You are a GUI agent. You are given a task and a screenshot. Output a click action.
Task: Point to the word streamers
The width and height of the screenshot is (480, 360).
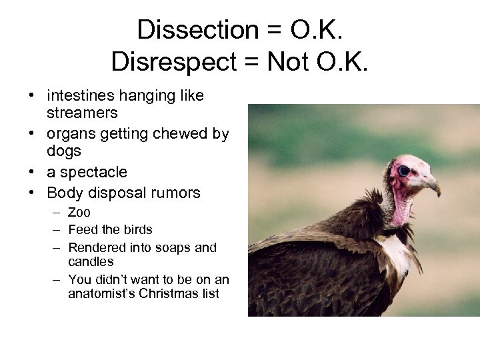click(81, 113)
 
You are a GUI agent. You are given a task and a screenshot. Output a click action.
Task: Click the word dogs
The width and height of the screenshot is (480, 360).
click(63, 151)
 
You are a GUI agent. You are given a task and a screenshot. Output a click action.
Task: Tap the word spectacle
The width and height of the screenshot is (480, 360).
click(93, 173)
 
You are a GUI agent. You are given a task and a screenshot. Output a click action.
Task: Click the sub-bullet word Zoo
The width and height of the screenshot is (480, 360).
click(79, 213)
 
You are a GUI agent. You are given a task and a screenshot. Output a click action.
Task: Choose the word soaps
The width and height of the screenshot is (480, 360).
click(175, 248)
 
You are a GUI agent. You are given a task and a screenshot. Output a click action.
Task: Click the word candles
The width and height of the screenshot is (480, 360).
click(91, 262)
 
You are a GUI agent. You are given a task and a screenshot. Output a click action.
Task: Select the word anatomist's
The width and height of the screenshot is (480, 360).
click(102, 294)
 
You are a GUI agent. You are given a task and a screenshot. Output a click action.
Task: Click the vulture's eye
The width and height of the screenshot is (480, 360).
click(403, 171)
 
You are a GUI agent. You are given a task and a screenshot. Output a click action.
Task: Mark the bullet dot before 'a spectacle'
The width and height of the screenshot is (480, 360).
click(31, 173)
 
